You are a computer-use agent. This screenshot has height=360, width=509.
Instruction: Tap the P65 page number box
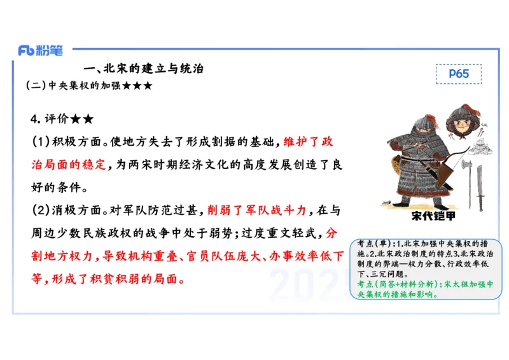458,74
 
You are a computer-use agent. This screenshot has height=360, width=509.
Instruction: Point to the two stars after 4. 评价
82,119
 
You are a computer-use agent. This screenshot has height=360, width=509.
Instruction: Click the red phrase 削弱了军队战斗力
257,210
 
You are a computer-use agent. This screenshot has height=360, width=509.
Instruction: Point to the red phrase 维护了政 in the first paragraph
308,141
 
